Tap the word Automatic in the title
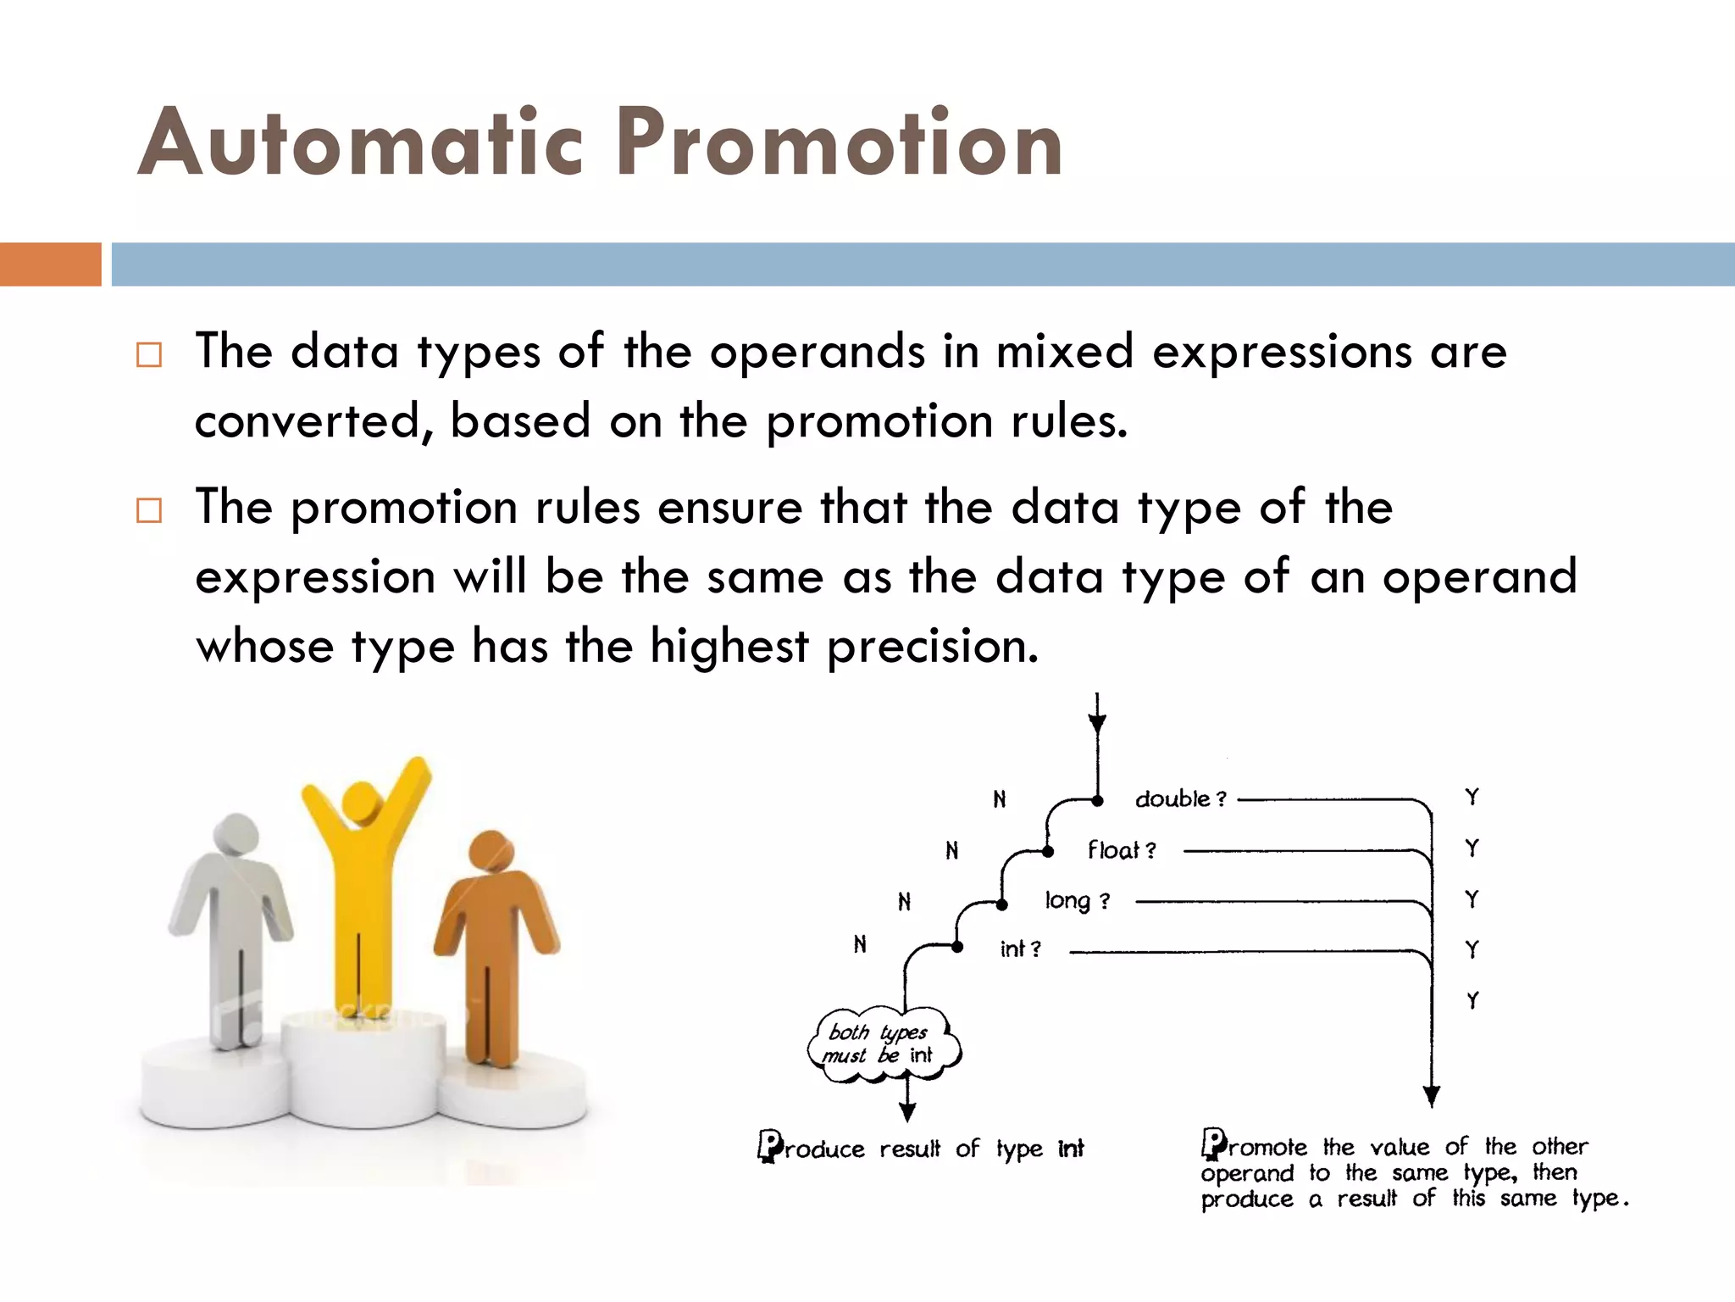pos(360,142)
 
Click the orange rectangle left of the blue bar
pos(50,264)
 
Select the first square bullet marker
pos(149,354)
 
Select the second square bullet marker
pos(149,510)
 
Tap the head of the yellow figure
pos(363,801)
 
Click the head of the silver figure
pos(236,836)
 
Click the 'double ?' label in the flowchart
pos(1180,799)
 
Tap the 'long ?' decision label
pos(1077,901)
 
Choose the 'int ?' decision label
pos(1020,949)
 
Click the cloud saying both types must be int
pos(884,1044)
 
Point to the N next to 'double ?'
pos(1000,799)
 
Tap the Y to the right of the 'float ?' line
pos(1472,849)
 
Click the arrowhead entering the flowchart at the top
pos(1097,723)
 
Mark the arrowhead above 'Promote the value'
pos(1432,1097)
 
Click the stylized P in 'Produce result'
pos(770,1146)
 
